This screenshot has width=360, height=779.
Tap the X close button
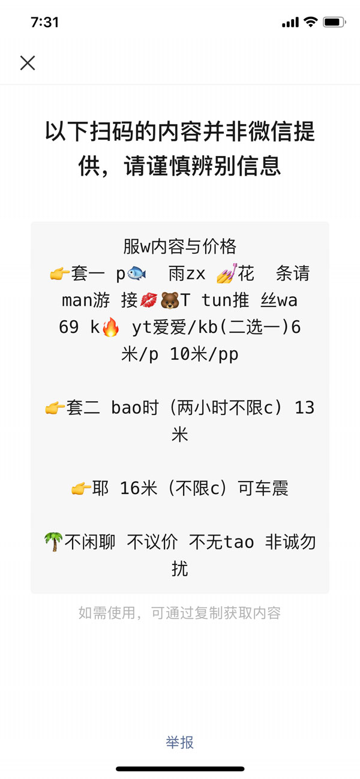coord(28,63)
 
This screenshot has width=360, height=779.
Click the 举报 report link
coord(180,742)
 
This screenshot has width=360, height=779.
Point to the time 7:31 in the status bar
coord(44,23)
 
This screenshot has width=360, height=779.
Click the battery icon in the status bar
coord(333,23)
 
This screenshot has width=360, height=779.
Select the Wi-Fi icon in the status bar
coord(310,23)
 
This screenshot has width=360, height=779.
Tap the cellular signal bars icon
coord(290,23)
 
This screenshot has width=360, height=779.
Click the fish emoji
coord(137,274)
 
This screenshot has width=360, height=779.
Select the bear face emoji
coord(170,300)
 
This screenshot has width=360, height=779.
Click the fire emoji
coord(110,327)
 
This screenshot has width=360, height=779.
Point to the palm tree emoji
coord(53,542)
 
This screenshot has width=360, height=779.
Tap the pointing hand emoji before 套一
coord(59,275)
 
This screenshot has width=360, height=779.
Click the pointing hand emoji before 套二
coord(55,408)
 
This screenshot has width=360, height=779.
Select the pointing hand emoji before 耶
coord(81,489)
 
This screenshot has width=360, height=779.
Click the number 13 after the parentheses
coord(305,408)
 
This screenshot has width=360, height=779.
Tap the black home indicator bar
coord(180,769)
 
